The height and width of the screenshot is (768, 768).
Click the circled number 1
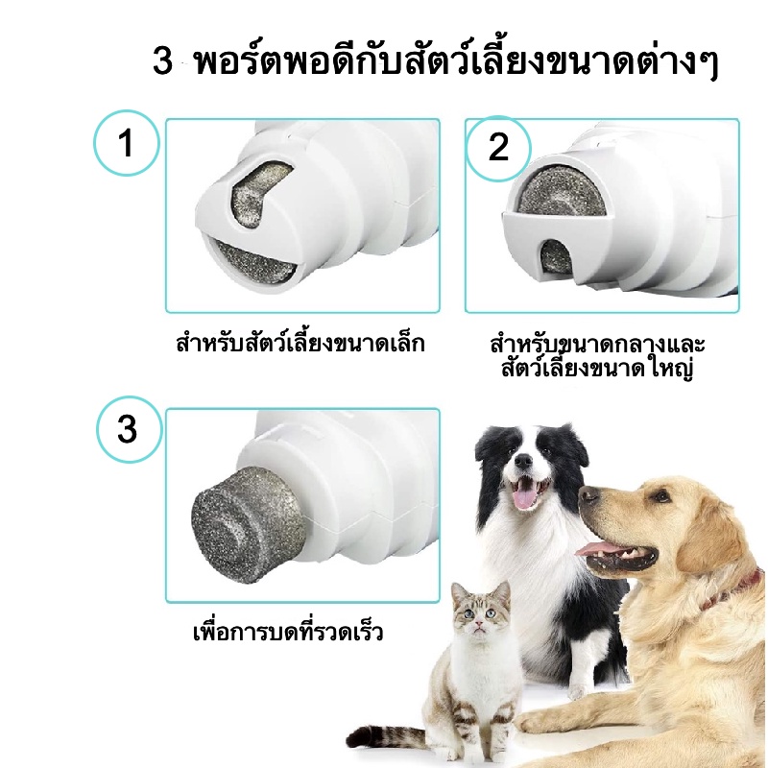(x=127, y=142)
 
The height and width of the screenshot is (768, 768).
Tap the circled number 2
(x=498, y=148)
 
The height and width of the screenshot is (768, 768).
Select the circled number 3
(x=129, y=429)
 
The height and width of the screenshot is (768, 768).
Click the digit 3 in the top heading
(x=162, y=61)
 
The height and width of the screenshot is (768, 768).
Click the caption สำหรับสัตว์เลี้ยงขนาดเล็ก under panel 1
(x=300, y=343)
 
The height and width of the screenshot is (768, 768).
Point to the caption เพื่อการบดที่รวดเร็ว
(x=288, y=631)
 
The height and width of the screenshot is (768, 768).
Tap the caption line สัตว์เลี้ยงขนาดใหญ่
(x=597, y=368)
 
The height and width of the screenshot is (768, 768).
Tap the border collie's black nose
(x=523, y=461)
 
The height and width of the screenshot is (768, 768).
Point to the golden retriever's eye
(x=661, y=496)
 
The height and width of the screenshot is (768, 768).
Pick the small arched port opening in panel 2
(x=556, y=256)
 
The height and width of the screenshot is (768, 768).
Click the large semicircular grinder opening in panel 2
(x=562, y=191)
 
